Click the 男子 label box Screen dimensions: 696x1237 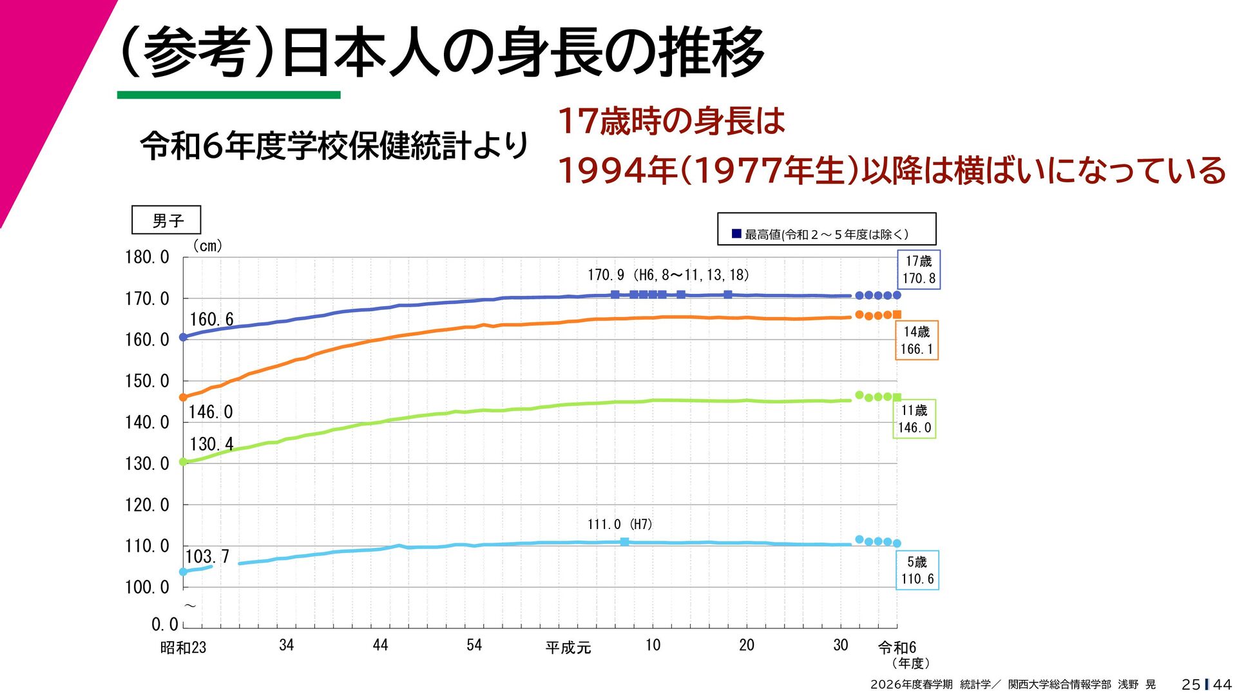pyautogui.click(x=166, y=220)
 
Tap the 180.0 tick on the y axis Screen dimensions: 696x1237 pyautogui.click(x=147, y=257)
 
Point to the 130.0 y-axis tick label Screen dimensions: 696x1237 pyautogui.click(x=147, y=463)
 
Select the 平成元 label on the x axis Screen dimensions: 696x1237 pyautogui.click(x=568, y=647)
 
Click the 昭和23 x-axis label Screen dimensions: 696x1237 pyautogui.click(x=183, y=647)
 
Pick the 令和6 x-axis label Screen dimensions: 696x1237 pyautogui.click(x=897, y=647)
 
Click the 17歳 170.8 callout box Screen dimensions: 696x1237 pyautogui.click(x=919, y=269)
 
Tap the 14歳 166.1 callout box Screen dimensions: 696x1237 pyautogui.click(x=916, y=340)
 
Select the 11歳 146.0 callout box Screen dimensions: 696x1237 pyautogui.click(x=914, y=419)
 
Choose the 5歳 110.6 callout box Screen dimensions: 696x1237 pyautogui.click(x=917, y=570)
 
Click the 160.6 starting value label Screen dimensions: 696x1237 pyautogui.click(x=211, y=319)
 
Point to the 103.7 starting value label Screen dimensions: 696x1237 pyautogui.click(x=207, y=556)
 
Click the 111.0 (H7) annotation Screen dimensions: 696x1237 pyautogui.click(x=619, y=525)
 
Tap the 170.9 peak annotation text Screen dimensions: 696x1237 pyautogui.click(x=668, y=275)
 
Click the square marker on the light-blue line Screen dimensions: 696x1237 pyautogui.click(x=624, y=542)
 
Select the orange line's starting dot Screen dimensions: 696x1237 pyautogui.click(x=183, y=398)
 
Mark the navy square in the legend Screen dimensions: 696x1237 pyautogui.click(x=736, y=233)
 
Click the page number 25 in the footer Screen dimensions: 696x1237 pyautogui.click(x=1191, y=684)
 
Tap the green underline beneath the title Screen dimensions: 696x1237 pyautogui.click(x=229, y=95)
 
